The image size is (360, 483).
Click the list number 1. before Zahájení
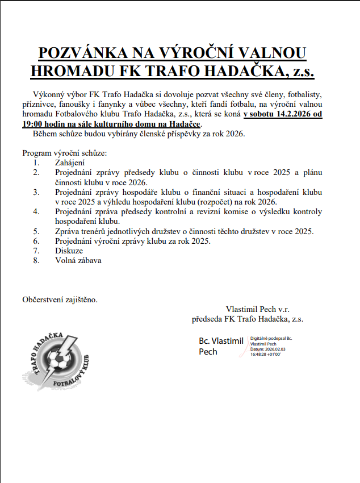pyautogui.click(x=37, y=162)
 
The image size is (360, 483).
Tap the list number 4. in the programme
pyautogui.click(x=37, y=212)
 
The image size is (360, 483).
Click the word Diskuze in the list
pyautogui.click(x=69, y=250)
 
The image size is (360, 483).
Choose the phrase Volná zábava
pyautogui.click(x=78, y=260)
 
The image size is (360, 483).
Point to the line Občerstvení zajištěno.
pyautogui.click(x=60, y=299)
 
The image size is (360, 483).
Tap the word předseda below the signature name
pyautogui.click(x=210, y=319)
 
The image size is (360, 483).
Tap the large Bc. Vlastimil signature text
pyautogui.click(x=221, y=341)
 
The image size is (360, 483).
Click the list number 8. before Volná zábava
pyautogui.click(x=37, y=260)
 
